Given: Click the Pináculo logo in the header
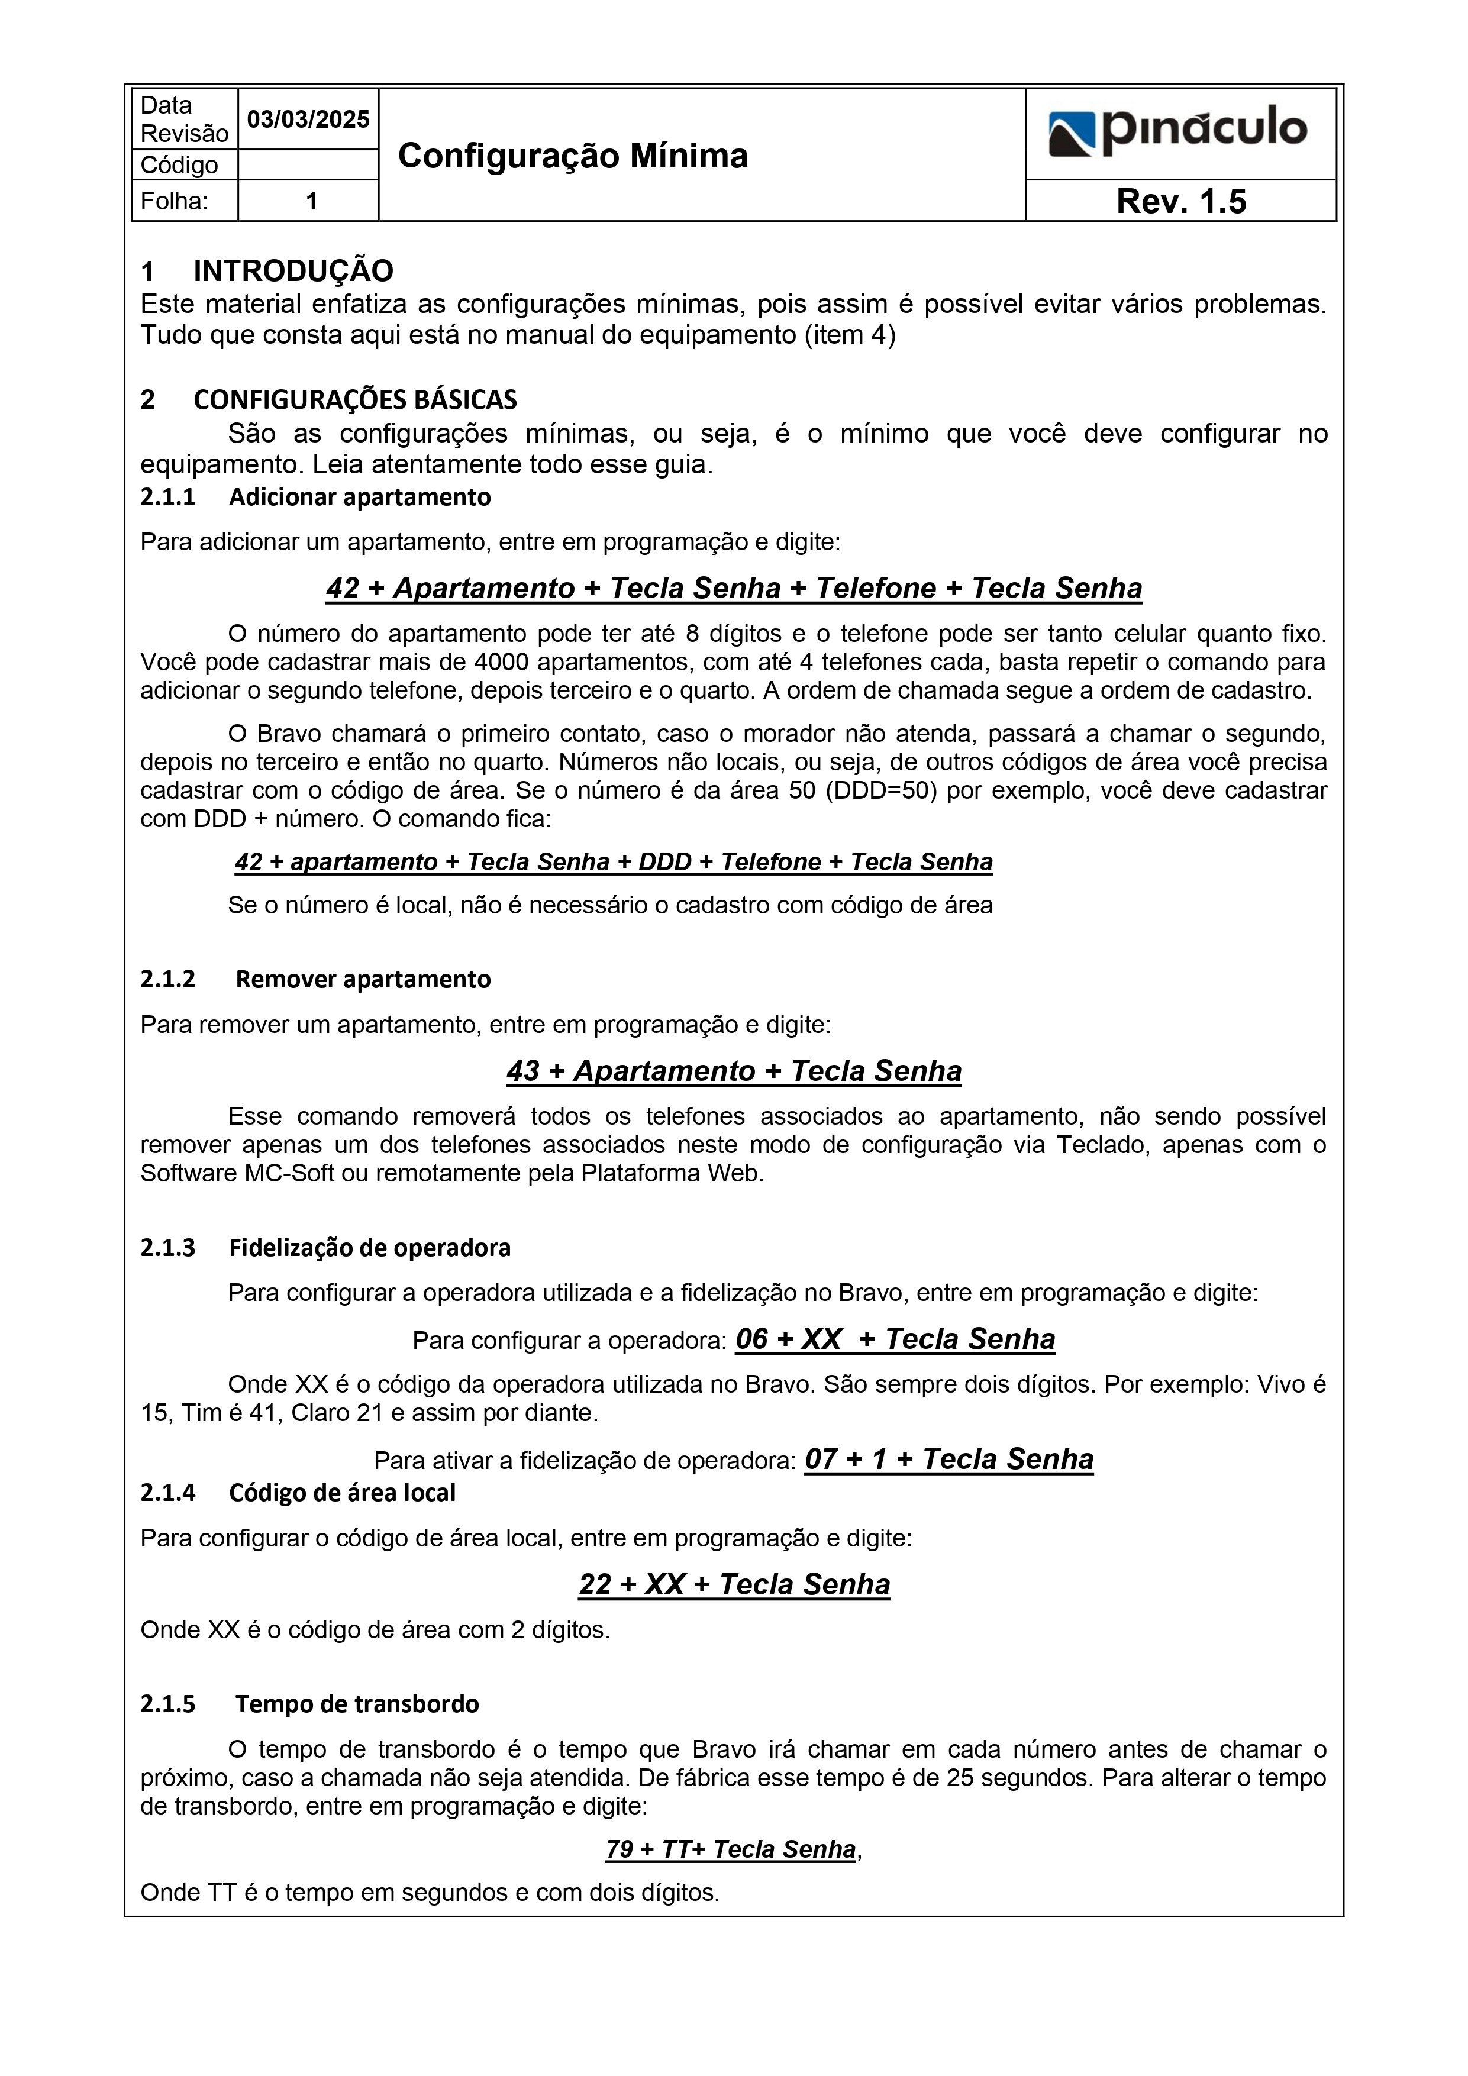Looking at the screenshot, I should tap(1179, 131).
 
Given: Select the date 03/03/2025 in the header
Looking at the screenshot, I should tap(308, 120).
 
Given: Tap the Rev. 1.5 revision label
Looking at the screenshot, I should tap(1180, 201).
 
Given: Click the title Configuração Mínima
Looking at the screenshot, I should tap(573, 156).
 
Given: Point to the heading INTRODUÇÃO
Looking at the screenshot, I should tap(293, 270).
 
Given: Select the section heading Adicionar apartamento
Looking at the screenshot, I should tap(359, 498).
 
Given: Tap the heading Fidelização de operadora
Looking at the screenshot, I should tap(369, 1248).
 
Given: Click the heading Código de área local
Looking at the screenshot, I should tap(342, 1493).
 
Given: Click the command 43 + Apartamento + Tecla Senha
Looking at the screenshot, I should tap(734, 1071).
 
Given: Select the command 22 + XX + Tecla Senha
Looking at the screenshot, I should tap(734, 1584).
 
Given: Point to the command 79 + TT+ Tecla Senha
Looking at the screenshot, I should tap(731, 1850).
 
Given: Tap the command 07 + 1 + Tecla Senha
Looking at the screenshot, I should tap(949, 1460).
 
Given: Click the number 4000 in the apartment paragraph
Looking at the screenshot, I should tap(502, 663).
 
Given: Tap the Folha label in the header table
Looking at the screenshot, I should tap(174, 201).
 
